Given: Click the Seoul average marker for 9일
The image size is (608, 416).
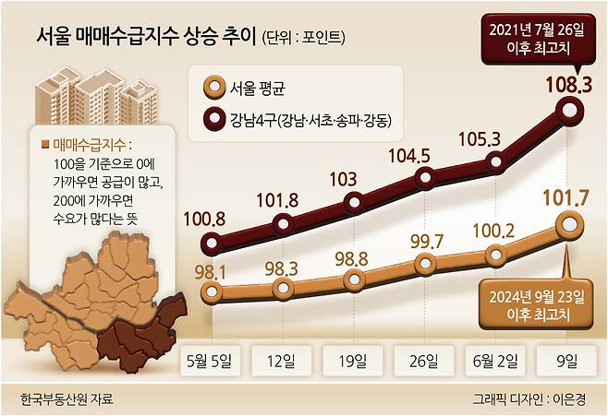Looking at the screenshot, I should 571,222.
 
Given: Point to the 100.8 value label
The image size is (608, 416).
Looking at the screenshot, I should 213,220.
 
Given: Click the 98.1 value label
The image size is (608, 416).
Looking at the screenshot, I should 213,270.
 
